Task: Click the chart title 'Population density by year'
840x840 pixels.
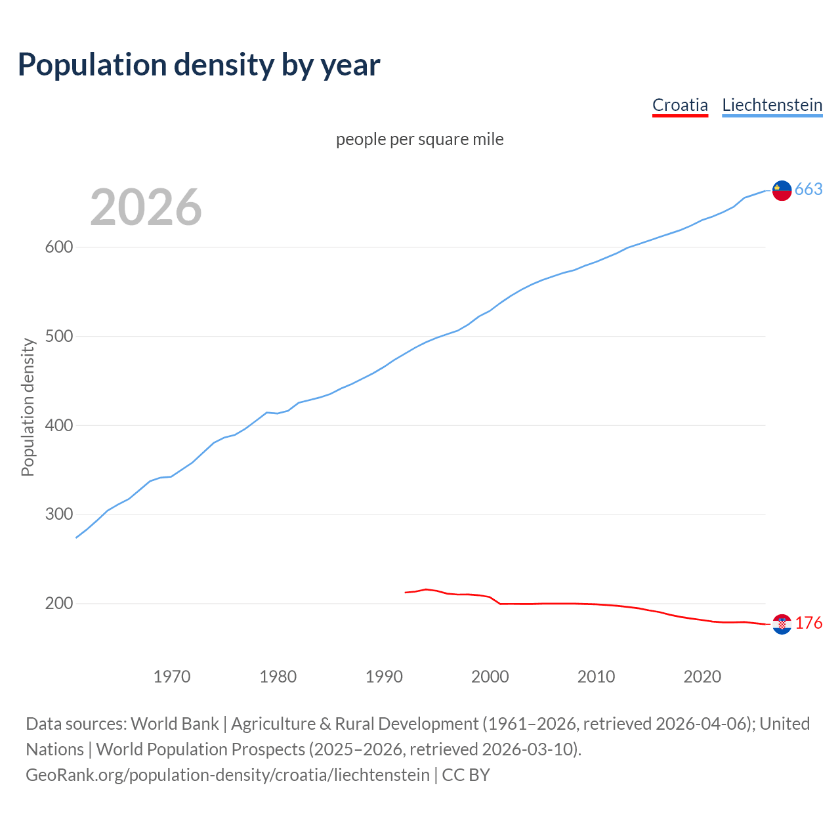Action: coord(199,64)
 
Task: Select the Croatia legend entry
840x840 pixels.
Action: coord(680,105)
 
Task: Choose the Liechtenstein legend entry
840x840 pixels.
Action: coord(772,105)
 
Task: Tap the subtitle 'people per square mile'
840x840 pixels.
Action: coord(420,139)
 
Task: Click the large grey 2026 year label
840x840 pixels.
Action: coord(146,207)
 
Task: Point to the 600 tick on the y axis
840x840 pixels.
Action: coord(58,247)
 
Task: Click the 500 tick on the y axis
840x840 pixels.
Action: coord(58,337)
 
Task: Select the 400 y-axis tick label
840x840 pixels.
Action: coord(58,425)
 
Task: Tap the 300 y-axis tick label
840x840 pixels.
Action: coord(58,514)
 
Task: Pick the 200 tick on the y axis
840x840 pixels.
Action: coord(58,603)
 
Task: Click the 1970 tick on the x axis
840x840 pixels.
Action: coord(172,677)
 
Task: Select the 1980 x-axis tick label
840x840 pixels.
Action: coord(278,677)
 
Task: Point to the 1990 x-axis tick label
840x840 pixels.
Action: coord(384,677)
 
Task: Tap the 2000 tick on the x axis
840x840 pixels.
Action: coord(490,677)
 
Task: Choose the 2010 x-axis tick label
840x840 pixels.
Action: coord(596,677)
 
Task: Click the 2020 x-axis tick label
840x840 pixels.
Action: coord(702,677)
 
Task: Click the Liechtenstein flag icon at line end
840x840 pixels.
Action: coord(782,190)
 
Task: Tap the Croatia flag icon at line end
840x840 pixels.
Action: coord(782,624)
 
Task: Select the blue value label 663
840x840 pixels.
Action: coord(808,190)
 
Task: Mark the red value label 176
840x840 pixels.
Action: coord(808,623)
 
